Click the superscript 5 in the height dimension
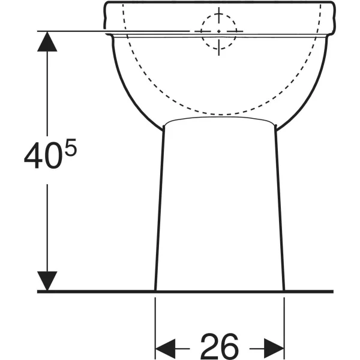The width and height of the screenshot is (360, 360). click(x=70, y=148)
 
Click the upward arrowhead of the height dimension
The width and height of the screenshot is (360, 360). click(x=47, y=41)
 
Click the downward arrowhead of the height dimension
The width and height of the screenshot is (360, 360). click(x=47, y=281)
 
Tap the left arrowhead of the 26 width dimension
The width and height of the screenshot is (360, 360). click(x=166, y=349)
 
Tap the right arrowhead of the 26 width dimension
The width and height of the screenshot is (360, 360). click(x=274, y=349)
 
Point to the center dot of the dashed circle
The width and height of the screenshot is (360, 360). click(x=219, y=31)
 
